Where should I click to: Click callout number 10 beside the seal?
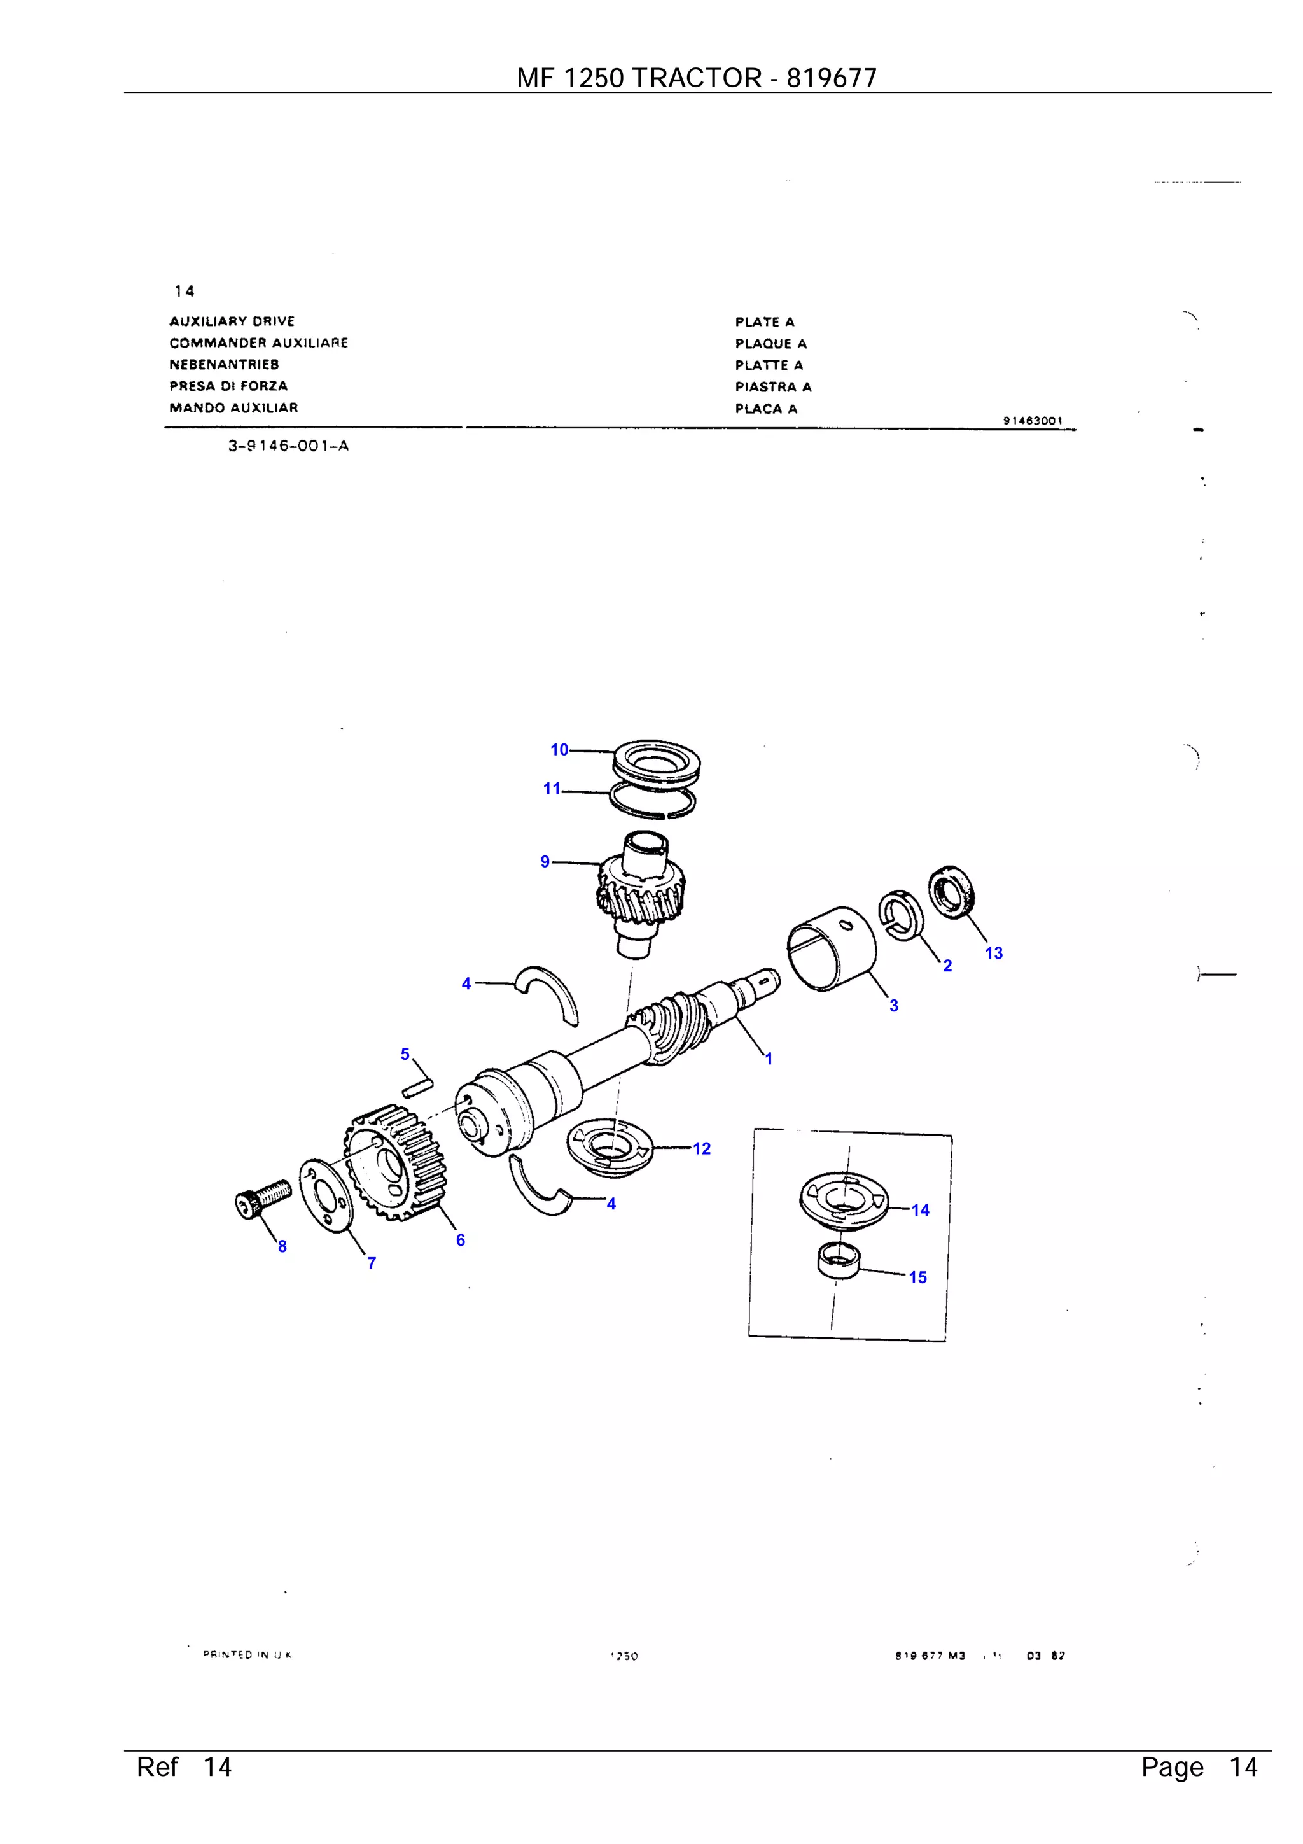pyautogui.click(x=559, y=749)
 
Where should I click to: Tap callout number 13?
pyautogui.click(x=993, y=954)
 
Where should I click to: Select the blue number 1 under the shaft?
pyautogui.click(x=769, y=1059)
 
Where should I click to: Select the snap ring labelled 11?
pyautogui.click(x=652, y=801)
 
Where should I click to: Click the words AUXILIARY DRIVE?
pyautogui.click(x=232, y=321)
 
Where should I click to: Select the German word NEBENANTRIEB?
pyautogui.click(x=224, y=365)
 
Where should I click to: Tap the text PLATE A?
pyautogui.click(x=764, y=322)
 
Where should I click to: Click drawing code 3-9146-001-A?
pyautogui.click(x=288, y=447)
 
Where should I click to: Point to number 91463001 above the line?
pyautogui.click(x=1033, y=421)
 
